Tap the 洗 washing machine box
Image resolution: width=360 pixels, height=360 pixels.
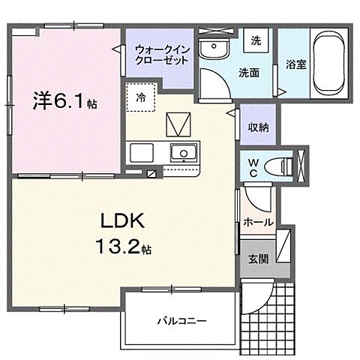click(x=255, y=40)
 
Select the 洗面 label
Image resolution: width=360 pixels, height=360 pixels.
click(x=249, y=73)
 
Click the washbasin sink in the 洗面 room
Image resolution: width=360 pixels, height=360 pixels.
click(x=215, y=50)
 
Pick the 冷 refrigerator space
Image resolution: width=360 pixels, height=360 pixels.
click(x=142, y=97)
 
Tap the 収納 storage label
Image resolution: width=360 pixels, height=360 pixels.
click(x=258, y=127)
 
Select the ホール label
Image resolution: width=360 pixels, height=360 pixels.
click(x=258, y=221)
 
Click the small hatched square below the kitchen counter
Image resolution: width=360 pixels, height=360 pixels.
click(x=152, y=173)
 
